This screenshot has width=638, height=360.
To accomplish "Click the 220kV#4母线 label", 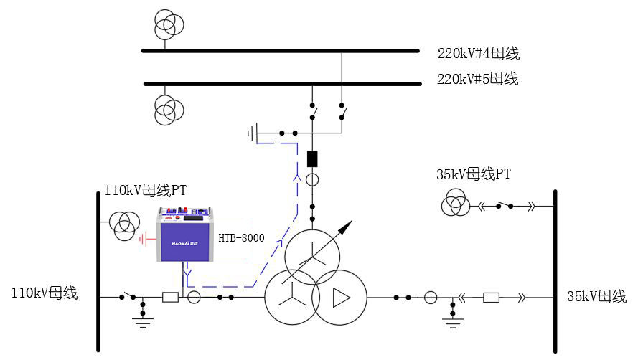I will pyautogui.click(x=478, y=53).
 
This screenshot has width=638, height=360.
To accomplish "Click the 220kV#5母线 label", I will pyautogui.click(x=477, y=79).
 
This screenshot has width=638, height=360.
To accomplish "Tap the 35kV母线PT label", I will pyautogui.click(x=473, y=174).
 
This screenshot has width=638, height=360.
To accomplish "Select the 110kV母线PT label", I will pyautogui.click(x=146, y=190).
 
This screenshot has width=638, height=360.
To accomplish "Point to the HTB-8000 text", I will pyautogui.click(x=241, y=238).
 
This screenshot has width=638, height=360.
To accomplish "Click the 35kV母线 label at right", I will pyautogui.click(x=596, y=297).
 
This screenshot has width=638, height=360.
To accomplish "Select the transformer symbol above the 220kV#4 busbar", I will pyautogui.click(x=169, y=24).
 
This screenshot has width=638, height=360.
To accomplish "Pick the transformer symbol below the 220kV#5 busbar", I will pyautogui.click(x=169, y=110).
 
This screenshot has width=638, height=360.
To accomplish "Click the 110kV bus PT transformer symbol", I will pyautogui.click(x=125, y=225).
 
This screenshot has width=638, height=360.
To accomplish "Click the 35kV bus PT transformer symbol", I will pyautogui.click(x=456, y=204).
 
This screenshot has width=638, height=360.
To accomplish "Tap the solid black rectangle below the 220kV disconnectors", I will pyautogui.click(x=312, y=158).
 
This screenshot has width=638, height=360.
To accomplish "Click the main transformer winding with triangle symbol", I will pyautogui.click(x=339, y=297).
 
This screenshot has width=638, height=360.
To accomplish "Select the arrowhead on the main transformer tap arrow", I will pyautogui.click(x=347, y=227).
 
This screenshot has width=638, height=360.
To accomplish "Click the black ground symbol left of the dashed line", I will pyautogui.click(x=252, y=133).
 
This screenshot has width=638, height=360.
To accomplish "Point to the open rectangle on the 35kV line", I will pyautogui.click(x=491, y=297).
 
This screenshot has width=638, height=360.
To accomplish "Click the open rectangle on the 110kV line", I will pyautogui.click(x=170, y=297).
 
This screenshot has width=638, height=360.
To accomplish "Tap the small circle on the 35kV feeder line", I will pyautogui.click(x=430, y=297).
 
